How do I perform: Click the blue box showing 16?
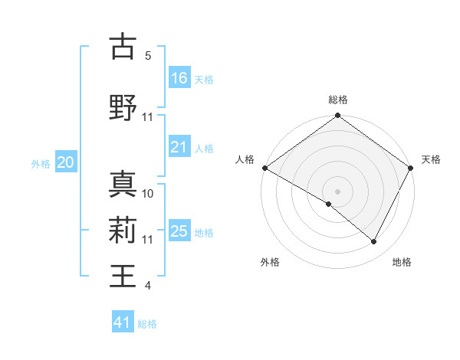179,78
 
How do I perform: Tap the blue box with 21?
179,147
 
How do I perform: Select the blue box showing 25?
179,231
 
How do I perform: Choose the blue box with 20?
66,162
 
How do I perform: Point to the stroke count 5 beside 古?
148,56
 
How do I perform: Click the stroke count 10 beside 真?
148,193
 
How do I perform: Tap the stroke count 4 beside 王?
148,286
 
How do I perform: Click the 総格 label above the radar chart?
338,100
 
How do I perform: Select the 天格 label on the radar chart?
431,159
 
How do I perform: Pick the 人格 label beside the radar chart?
245,159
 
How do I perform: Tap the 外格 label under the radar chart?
270,263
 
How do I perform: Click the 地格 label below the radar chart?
402,263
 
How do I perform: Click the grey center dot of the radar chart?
337,191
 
